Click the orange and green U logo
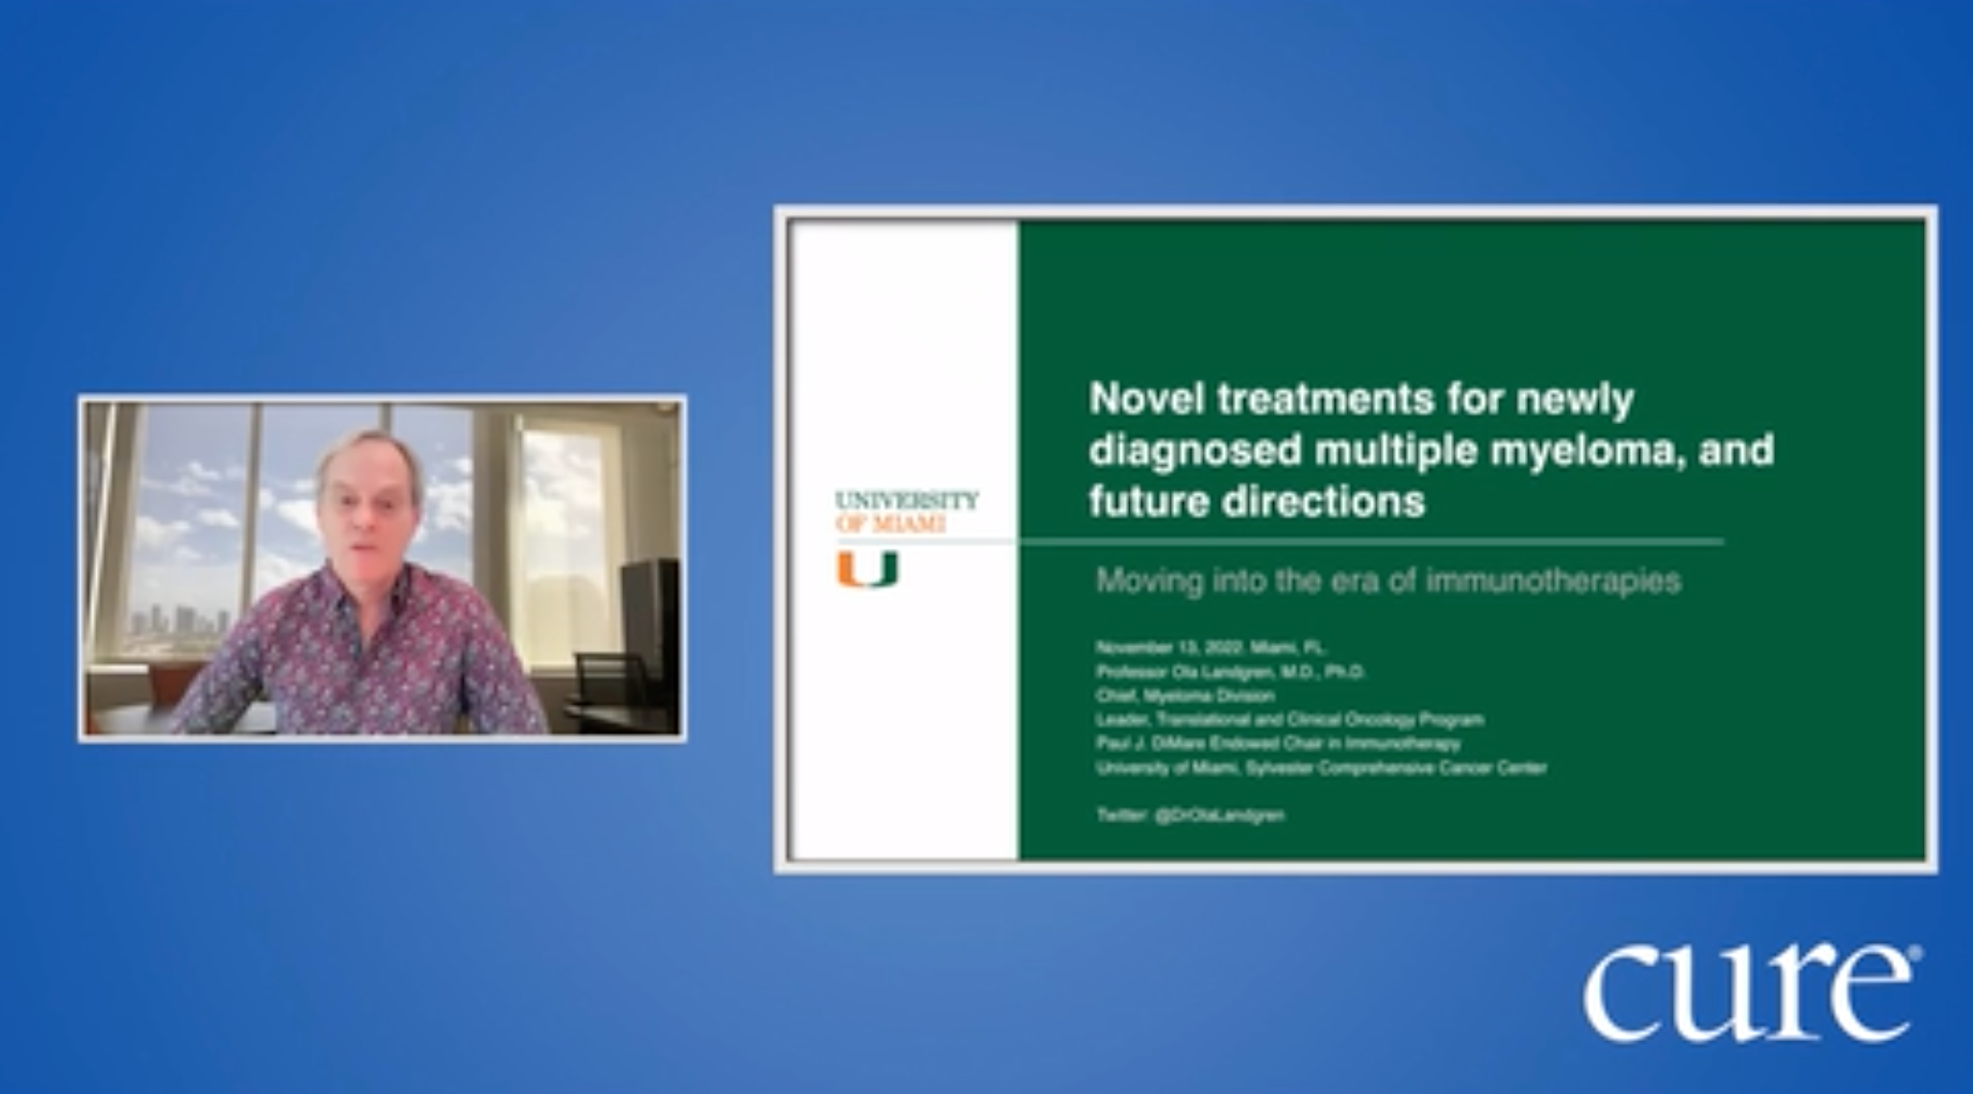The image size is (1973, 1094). click(x=866, y=569)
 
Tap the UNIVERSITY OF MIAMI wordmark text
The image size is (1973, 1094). click(x=906, y=511)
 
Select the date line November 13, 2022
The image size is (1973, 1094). click(x=1210, y=647)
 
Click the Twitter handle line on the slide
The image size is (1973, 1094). click(x=1189, y=815)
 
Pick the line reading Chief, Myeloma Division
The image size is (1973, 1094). click(x=1185, y=695)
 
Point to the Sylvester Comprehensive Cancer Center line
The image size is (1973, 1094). click(x=1321, y=767)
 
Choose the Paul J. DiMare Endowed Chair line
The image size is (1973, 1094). click(x=1277, y=743)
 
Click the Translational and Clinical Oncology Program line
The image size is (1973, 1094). click(x=1288, y=719)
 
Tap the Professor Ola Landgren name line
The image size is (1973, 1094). click(x=1230, y=671)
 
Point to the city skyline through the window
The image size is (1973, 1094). click(x=179, y=620)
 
